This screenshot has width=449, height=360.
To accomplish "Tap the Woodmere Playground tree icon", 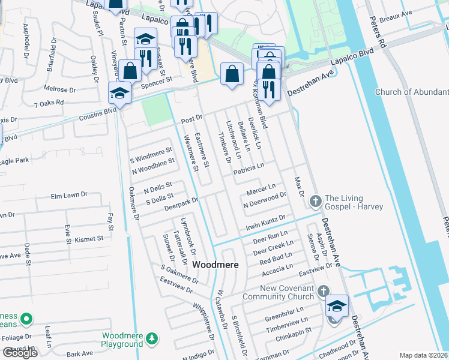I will tap(152, 340).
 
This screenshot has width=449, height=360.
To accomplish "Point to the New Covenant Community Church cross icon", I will tap(324, 292).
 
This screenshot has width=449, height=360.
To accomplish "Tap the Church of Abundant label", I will tap(411, 92).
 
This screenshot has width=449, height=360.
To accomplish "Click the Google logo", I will tap(20, 353).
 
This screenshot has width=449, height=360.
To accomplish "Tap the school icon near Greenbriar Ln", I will tap(337, 307).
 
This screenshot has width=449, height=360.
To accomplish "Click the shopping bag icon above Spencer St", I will tap(130, 71).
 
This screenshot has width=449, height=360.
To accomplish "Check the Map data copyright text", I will tap(424, 355).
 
